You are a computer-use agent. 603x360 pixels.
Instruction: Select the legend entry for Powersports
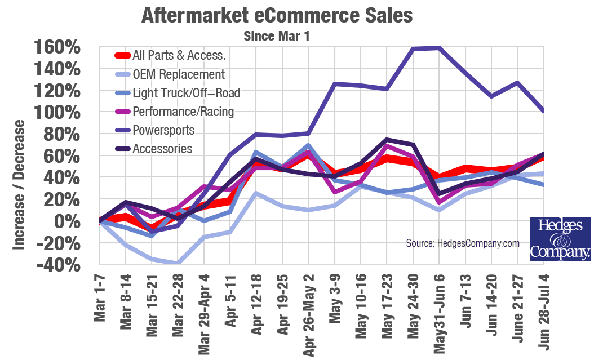(163, 130)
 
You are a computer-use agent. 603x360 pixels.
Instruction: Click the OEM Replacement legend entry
(178, 74)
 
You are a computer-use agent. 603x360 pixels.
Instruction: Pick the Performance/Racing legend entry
(183, 112)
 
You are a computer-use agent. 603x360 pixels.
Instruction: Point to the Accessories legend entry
(162, 149)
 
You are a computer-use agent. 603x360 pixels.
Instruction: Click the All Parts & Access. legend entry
(179, 56)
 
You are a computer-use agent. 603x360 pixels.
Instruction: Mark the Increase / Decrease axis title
(19, 185)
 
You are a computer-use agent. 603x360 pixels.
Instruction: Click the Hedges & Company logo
(560, 239)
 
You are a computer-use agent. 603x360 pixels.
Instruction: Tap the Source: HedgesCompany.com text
(463, 243)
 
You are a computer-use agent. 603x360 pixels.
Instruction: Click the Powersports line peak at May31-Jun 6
(439, 48)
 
